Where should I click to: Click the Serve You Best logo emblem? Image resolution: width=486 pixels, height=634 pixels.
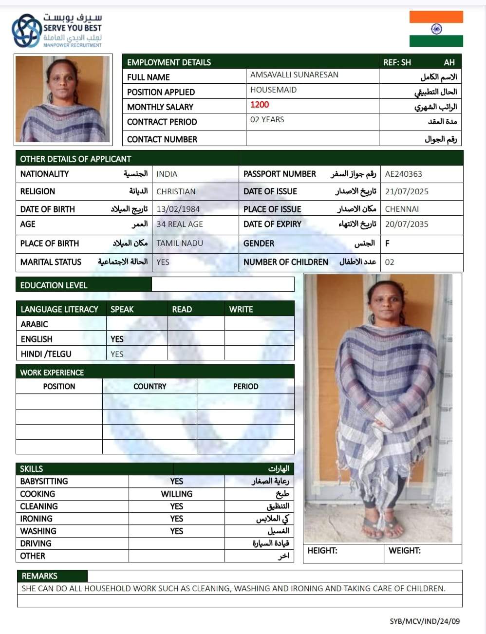tap(26, 30)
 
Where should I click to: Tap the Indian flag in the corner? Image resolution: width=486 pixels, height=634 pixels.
tap(436, 29)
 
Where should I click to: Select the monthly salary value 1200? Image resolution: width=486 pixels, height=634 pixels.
tap(260, 105)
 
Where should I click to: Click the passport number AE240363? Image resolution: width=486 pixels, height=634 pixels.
tap(403, 174)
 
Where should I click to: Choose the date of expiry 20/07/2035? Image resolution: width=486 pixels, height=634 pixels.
tap(407, 224)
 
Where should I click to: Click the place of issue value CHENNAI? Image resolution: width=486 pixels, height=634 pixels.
tap(402, 209)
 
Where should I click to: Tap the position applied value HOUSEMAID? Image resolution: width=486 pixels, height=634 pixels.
tap(273, 90)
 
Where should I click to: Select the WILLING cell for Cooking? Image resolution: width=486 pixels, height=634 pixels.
tap(176, 494)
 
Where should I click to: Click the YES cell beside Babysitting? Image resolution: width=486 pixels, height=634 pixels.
tap(176, 481)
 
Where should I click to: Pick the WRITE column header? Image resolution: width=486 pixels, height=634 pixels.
tap(241, 309)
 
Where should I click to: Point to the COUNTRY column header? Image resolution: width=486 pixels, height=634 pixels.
tap(150, 386)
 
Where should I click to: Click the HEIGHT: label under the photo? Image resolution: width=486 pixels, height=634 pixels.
tap(322, 551)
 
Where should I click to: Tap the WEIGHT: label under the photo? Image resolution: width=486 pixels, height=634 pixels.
tap(405, 551)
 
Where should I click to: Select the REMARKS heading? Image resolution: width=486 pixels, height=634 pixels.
tap(39, 576)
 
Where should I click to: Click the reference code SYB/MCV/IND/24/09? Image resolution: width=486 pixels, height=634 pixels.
tap(425, 621)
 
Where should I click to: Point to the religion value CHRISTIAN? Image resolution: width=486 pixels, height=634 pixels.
tap(176, 191)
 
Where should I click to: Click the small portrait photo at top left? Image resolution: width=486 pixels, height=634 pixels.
tap(63, 99)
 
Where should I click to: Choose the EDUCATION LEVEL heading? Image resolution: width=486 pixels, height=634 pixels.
tap(54, 285)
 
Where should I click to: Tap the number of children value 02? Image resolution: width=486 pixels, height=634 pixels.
tap(390, 262)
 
